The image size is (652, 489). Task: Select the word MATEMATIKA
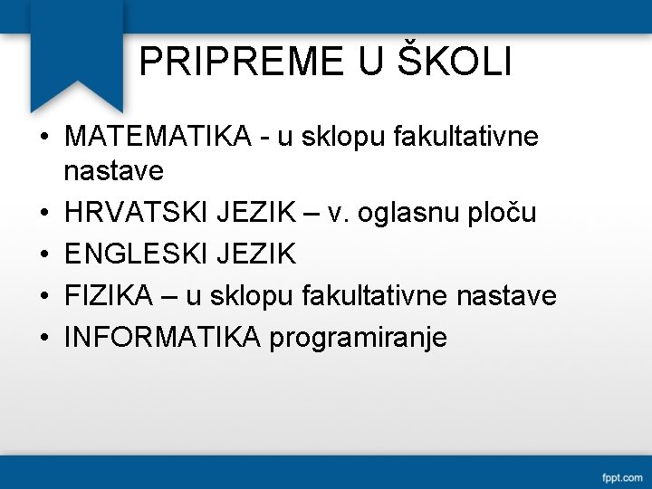click(158, 138)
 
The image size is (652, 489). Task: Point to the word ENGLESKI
click(137, 254)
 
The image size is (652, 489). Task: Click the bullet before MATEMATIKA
click(43, 139)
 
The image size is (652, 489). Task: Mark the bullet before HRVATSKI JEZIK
click(43, 214)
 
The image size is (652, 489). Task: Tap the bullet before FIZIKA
click(43, 297)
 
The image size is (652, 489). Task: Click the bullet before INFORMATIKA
click(43, 339)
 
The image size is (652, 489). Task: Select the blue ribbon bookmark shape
click(77, 54)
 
